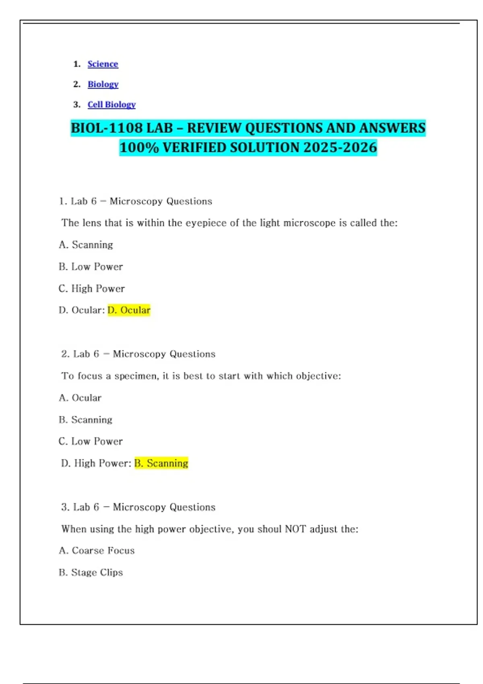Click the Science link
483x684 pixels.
103,64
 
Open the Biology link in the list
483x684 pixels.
103,84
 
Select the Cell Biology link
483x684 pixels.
111,105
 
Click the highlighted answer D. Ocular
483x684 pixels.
129,310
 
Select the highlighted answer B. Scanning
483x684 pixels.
161,463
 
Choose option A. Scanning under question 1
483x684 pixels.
86,245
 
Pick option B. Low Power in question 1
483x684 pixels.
91,266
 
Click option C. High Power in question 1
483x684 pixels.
91,288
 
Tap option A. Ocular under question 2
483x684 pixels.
80,398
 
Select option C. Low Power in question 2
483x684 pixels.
90,441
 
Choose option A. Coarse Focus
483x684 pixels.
97,550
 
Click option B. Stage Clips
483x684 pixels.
91,572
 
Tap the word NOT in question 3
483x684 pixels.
295,529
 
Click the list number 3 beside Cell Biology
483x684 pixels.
76,105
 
